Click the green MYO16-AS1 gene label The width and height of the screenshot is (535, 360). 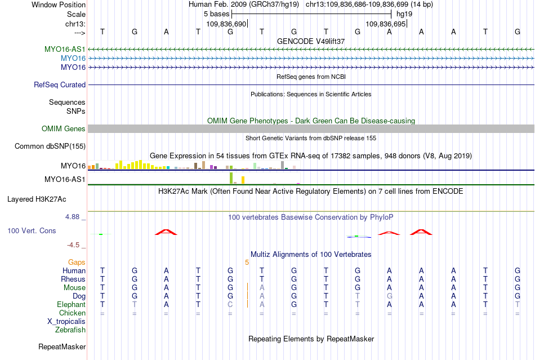point(65,50)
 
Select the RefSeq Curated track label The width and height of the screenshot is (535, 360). point(60,85)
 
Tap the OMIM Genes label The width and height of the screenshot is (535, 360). point(64,128)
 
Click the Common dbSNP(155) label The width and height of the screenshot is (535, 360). point(50,146)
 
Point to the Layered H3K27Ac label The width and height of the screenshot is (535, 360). point(37,199)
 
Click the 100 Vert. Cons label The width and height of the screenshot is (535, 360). point(32,230)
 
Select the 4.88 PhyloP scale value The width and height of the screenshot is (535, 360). point(72,217)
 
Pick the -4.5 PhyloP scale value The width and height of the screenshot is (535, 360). point(73,245)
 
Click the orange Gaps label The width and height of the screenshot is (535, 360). point(77,262)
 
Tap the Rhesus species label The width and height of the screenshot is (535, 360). point(73,279)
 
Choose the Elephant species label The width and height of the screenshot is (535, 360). point(72,304)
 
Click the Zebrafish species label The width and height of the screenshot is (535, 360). point(70,330)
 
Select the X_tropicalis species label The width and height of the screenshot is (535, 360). point(66,322)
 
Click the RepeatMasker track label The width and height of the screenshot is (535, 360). point(62,346)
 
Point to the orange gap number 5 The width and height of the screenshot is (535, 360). point(247,262)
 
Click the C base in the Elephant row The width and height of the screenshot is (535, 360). point(230,304)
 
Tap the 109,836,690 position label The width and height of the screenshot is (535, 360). point(226,24)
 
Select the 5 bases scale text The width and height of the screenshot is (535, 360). point(217,14)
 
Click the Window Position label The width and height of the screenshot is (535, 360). point(59,5)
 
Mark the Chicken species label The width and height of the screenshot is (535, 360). point(72,313)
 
